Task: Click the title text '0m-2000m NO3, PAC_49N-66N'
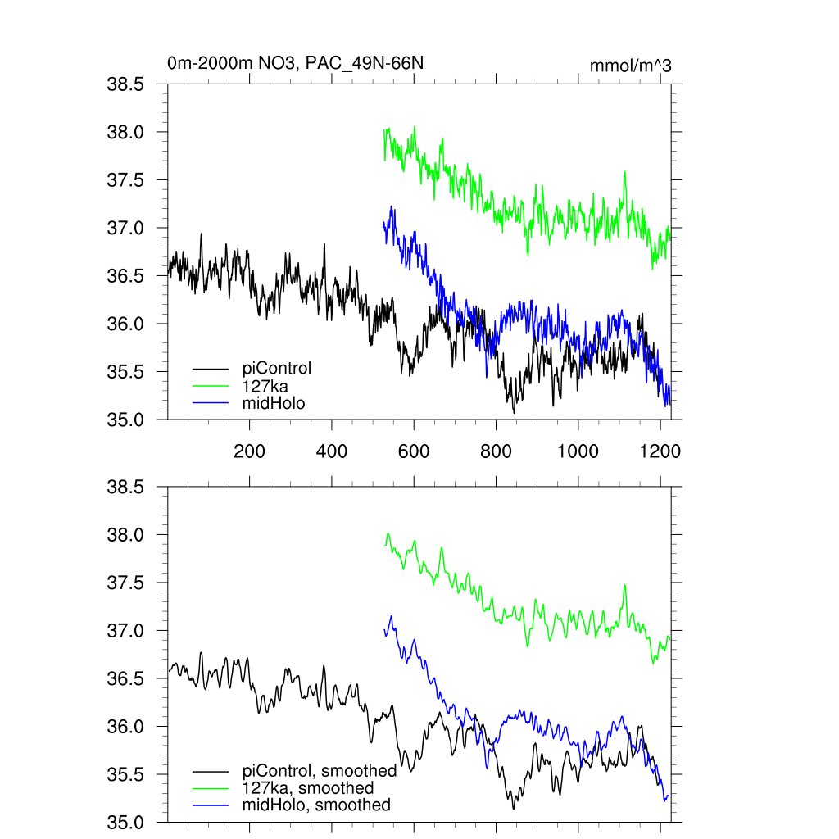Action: [x=295, y=64]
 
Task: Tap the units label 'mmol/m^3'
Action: [x=630, y=66]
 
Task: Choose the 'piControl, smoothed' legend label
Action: [x=320, y=770]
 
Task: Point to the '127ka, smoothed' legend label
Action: [x=308, y=787]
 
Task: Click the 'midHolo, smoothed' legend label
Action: [x=316, y=805]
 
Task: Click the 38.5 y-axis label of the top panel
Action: [x=126, y=84]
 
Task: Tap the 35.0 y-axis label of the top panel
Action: [x=126, y=419]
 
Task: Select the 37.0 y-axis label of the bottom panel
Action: [x=126, y=631]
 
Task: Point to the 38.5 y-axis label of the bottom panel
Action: [x=126, y=488]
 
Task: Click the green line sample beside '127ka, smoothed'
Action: [x=211, y=787]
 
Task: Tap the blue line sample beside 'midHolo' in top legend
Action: [x=211, y=402]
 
